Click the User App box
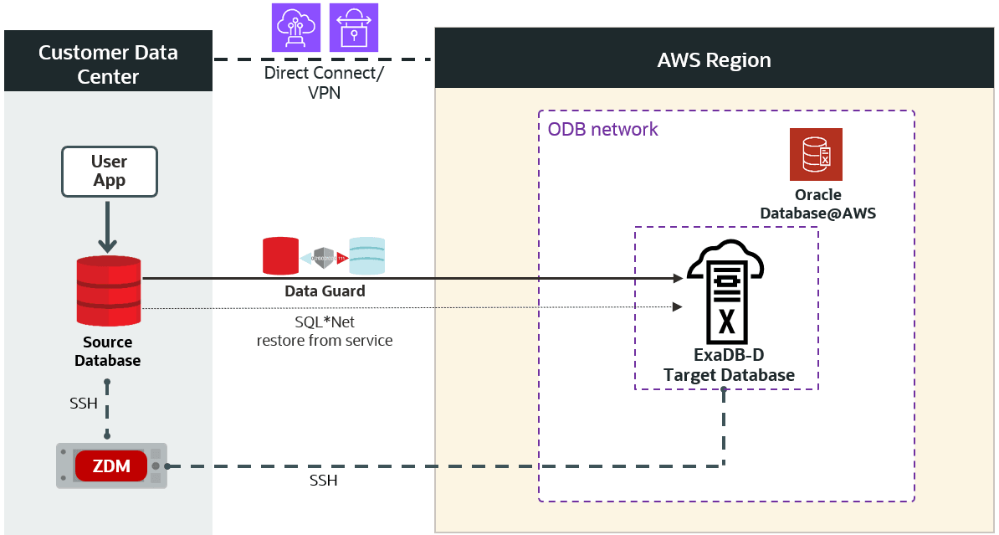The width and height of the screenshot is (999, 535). (109, 172)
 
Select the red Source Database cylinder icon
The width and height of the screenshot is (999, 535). (108, 291)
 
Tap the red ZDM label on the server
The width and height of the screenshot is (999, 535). (111, 466)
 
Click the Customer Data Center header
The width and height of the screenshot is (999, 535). (108, 64)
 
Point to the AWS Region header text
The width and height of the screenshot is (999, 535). (714, 60)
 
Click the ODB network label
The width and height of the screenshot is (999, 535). (602, 130)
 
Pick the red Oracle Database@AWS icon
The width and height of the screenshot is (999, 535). (816, 154)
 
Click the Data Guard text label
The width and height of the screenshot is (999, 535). (325, 291)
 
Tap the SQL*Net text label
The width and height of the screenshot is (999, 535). (325, 322)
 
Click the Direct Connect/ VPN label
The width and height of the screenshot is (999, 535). (324, 82)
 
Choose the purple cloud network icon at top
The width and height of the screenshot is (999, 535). (296, 28)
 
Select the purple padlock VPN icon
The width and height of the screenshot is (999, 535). (354, 28)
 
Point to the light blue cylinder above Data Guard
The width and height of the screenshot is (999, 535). (367, 256)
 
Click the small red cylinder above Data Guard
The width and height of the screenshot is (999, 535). (280, 256)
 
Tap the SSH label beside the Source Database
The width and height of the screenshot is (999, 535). (84, 404)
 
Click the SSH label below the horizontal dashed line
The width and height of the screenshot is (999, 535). (323, 481)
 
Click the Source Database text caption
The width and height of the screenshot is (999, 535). (107, 352)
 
